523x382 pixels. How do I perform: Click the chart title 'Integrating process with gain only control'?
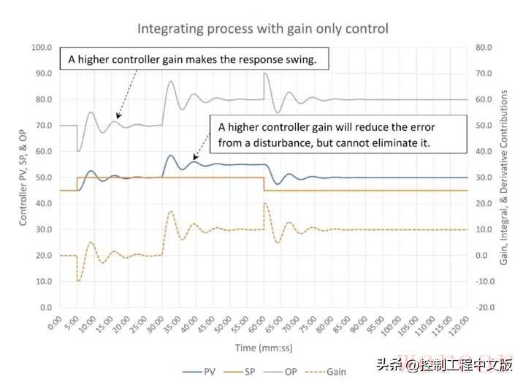(x=262, y=29)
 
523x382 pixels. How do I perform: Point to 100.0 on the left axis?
(x=40, y=47)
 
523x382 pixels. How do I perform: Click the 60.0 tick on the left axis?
(x=40, y=151)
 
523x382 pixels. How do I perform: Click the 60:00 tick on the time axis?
(x=259, y=324)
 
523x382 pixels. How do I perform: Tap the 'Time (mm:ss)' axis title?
(x=262, y=348)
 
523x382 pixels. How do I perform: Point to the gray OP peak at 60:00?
(x=264, y=73)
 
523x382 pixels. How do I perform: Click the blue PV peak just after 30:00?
(x=170, y=155)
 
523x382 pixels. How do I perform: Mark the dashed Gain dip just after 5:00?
(x=78, y=281)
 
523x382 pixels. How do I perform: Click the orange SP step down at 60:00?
(x=264, y=184)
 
